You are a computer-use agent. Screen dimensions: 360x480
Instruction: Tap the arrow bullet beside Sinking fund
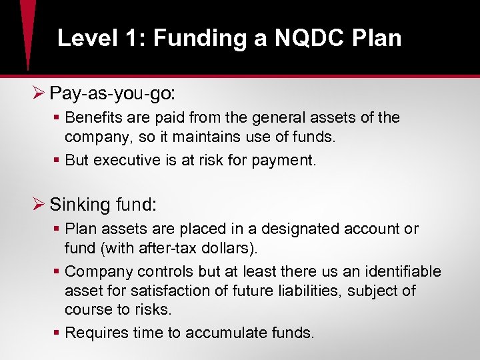pos(39,204)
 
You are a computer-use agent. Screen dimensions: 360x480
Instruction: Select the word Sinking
pos(77,204)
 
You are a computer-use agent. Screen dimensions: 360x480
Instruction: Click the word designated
pos(298,229)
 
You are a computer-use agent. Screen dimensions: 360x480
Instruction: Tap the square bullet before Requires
pos(58,333)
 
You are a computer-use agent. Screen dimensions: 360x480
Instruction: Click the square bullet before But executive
pos(58,160)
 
